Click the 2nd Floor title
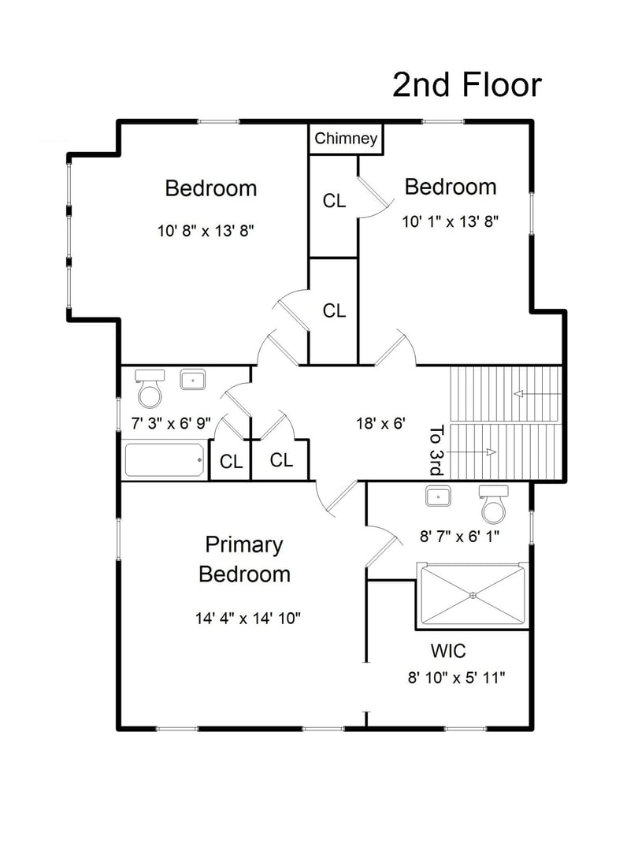[x=467, y=86]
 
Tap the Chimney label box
[x=346, y=139]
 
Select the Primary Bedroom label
[x=244, y=559]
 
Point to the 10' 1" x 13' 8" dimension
[x=451, y=221]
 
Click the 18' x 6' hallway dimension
[x=380, y=423]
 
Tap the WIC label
[x=447, y=652]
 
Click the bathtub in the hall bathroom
[x=165, y=460]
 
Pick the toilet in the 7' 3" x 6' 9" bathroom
[x=150, y=387]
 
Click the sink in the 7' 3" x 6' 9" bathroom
[x=192, y=380]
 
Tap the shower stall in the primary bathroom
[x=473, y=595]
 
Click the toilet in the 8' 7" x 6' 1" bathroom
[x=494, y=504]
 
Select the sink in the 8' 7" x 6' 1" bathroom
[x=438, y=496]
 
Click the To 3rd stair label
[x=437, y=451]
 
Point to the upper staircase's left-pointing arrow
[x=536, y=393]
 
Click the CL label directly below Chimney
[x=334, y=201]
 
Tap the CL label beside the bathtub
[x=231, y=462]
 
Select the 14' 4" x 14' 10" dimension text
[x=248, y=619]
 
